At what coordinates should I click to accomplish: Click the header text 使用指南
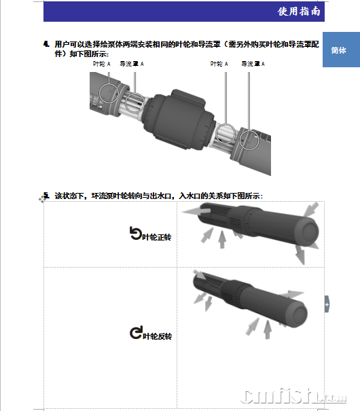click(299, 12)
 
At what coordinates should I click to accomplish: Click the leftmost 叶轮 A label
click(102, 64)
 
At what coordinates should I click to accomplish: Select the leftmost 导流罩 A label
click(132, 64)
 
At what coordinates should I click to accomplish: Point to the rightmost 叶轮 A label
click(219, 64)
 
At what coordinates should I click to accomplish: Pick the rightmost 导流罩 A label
click(253, 64)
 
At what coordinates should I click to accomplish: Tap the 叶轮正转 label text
click(157, 237)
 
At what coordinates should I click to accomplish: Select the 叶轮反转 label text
click(157, 336)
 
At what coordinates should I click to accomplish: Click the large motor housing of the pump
click(179, 120)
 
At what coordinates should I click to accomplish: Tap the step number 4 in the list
click(46, 44)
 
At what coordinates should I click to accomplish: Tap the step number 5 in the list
click(46, 195)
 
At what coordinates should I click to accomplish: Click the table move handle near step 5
click(42, 199)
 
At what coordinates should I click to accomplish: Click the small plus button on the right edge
click(327, 304)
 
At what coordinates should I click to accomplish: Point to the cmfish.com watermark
click(293, 397)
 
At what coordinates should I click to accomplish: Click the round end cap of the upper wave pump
click(308, 232)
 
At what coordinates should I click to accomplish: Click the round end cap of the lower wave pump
click(297, 314)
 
